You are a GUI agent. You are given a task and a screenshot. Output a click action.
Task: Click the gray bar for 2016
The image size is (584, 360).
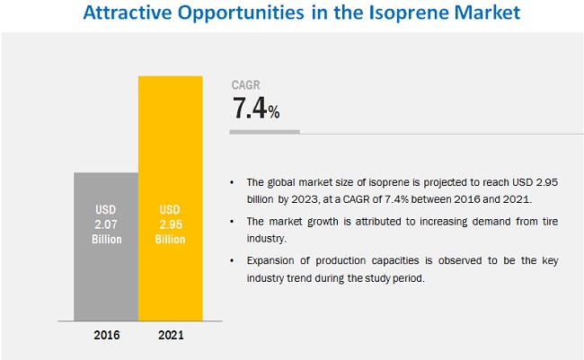(106, 269)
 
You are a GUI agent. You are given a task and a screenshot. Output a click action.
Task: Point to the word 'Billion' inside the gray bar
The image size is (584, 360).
(106, 240)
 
